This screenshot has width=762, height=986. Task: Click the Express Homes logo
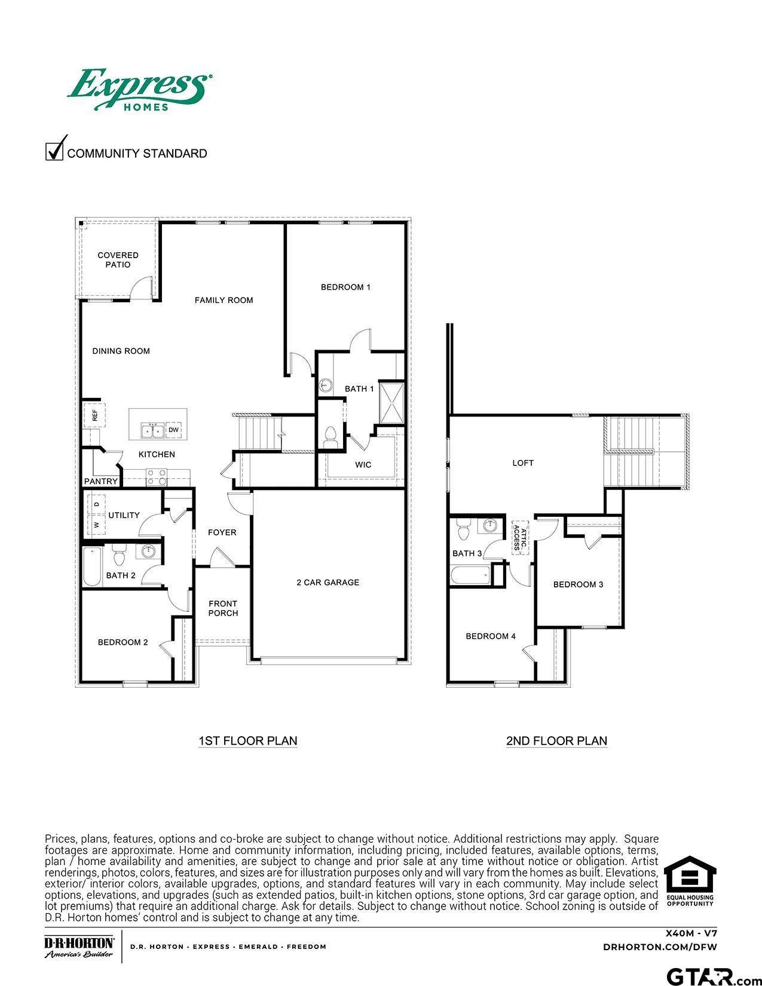click(x=140, y=90)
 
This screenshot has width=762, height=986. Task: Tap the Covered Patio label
click(x=118, y=260)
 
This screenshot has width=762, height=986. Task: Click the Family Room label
click(x=224, y=300)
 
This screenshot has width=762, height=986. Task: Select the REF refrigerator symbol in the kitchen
click(x=94, y=415)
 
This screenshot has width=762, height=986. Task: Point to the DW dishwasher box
click(x=173, y=430)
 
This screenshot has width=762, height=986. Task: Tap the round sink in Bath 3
click(x=490, y=525)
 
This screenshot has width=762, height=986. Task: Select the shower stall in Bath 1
click(x=391, y=403)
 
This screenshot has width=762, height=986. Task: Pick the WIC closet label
click(x=363, y=465)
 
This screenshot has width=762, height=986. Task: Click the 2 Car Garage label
click(x=328, y=582)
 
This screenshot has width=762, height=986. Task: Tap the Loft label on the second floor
click(x=523, y=463)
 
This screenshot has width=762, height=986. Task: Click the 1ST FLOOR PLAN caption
click(x=248, y=741)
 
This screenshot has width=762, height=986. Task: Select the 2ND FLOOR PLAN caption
click(x=556, y=741)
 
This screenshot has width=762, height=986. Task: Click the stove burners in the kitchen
click(x=156, y=477)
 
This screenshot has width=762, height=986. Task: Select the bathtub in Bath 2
click(x=92, y=567)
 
